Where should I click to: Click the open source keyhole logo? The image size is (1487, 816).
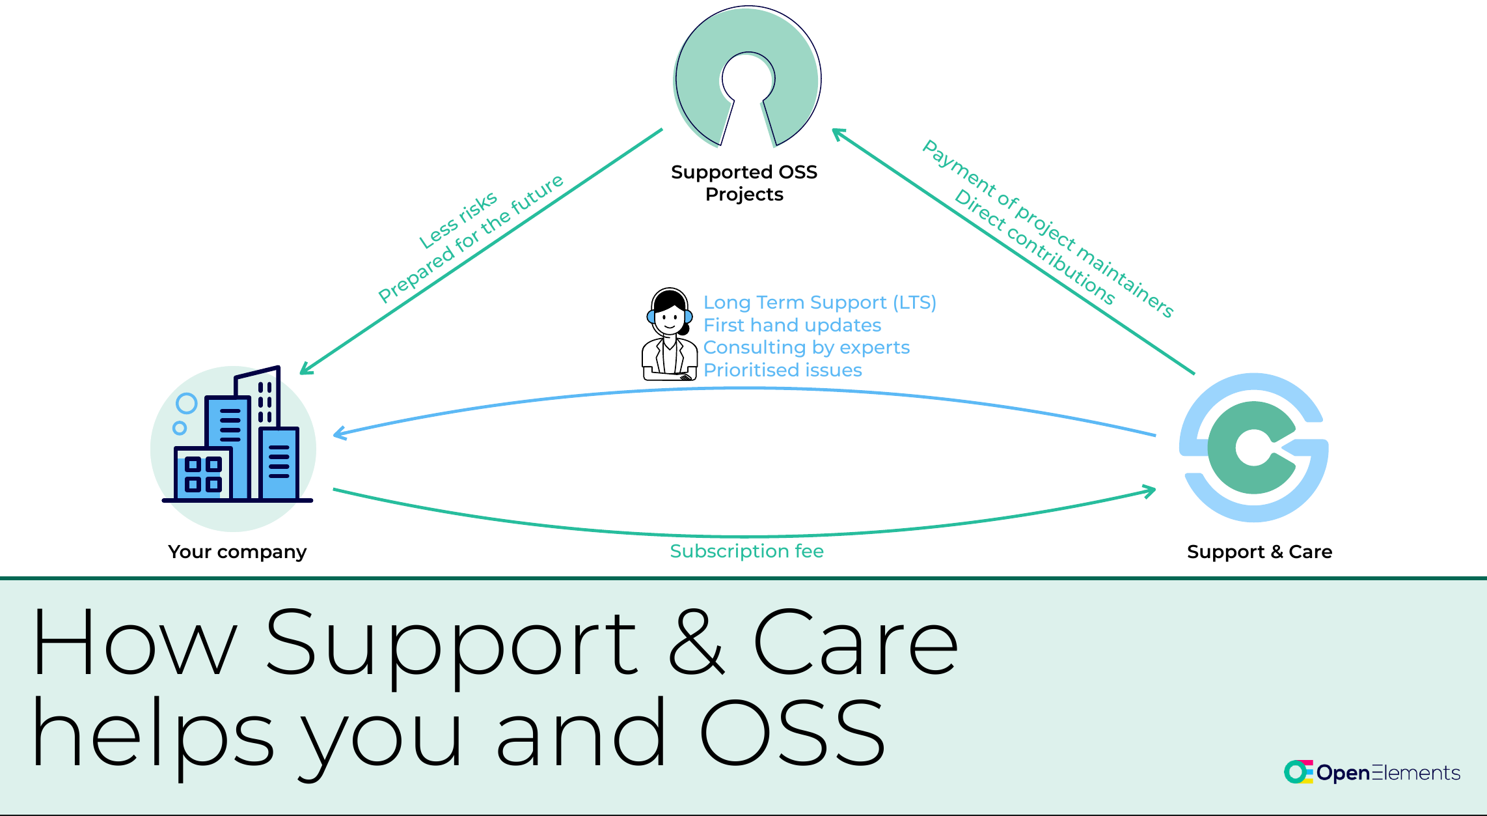[747, 75]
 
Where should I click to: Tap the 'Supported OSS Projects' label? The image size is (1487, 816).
[744, 183]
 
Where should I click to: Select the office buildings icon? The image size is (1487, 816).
[234, 443]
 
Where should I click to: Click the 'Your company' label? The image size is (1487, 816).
[237, 552]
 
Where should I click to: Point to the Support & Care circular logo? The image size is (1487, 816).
[1253, 447]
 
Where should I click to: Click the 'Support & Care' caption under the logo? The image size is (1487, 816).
[1259, 552]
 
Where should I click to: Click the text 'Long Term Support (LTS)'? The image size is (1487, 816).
[819, 303]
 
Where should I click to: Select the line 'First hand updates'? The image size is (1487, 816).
[792, 325]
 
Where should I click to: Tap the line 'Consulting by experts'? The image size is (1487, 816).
[806, 347]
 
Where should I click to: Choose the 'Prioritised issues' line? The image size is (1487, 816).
[782, 370]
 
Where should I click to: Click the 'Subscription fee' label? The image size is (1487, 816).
[746, 551]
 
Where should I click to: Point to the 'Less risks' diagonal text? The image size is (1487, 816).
[458, 220]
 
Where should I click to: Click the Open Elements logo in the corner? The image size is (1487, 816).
[1372, 772]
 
